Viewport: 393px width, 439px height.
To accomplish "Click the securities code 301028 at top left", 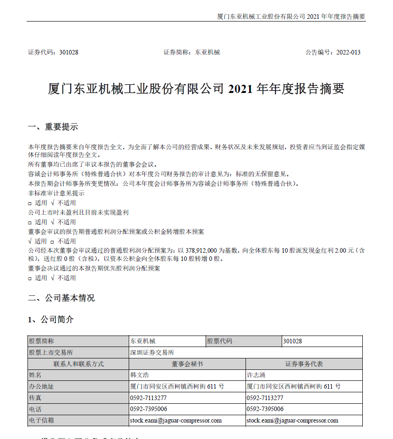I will (x=69, y=52).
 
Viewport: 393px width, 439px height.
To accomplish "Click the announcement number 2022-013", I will (x=348, y=52).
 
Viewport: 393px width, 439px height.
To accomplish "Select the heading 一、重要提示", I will (x=53, y=127).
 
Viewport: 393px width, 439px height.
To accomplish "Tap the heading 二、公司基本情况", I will (x=61, y=298).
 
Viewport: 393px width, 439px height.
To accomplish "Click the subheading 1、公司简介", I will (x=51, y=320).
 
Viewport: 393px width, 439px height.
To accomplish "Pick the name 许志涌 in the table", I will (x=256, y=375).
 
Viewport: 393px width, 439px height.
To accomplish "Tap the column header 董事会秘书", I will (x=187, y=364).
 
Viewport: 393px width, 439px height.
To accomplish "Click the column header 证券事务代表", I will (x=304, y=364).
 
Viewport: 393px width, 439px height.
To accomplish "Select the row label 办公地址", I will (x=41, y=386).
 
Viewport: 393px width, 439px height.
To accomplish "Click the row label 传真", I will (x=35, y=398).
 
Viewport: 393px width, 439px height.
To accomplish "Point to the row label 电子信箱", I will (x=41, y=420).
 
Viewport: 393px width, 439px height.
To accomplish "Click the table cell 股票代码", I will (x=220, y=341).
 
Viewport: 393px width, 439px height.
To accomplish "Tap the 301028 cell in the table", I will (x=293, y=341).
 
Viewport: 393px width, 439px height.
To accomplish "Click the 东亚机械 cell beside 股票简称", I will (x=143, y=341).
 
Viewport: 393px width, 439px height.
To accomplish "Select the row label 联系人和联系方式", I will (x=78, y=364).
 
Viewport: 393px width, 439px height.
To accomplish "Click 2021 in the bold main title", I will (x=240, y=89).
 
